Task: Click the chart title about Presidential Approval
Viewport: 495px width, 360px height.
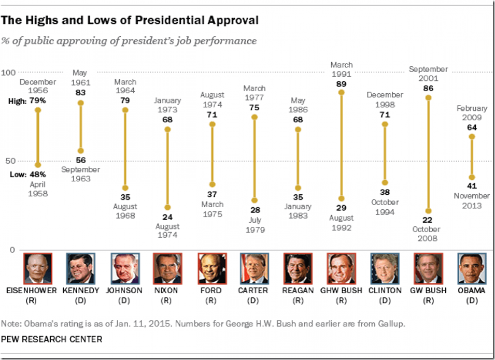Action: pos(130,21)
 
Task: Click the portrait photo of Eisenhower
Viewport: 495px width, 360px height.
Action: pos(37,268)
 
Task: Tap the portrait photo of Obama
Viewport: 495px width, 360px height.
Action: pos(472,268)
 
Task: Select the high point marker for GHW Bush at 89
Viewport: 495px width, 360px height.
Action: pos(341,92)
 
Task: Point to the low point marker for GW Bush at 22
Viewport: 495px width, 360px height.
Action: pos(428,211)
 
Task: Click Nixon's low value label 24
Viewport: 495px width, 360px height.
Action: pos(167,217)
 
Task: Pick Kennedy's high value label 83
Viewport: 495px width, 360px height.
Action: pos(80,92)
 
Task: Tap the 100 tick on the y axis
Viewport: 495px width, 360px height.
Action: pos(9,73)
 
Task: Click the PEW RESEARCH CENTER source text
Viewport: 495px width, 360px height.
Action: pos(51,339)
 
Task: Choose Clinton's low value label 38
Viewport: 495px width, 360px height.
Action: pos(385,193)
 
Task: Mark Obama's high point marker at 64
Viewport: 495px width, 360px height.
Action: pos(472,137)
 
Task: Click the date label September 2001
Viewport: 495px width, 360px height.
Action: pos(428,74)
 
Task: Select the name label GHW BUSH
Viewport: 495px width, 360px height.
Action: pos(342,291)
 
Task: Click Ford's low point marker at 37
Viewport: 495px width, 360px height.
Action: pos(211,184)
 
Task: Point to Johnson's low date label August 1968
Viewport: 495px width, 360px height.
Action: pos(124,211)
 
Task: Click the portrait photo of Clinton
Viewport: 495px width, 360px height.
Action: pos(385,268)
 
